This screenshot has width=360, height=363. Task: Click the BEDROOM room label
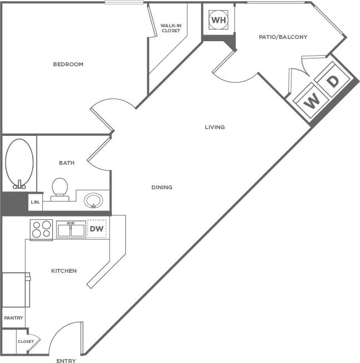pyautogui.click(x=68, y=65)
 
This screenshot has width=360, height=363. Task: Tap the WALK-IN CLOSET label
pyautogui.click(x=171, y=28)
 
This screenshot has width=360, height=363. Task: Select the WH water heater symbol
pyautogui.click(x=218, y=21)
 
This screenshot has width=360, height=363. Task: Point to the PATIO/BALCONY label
pyautogui.click(x=283, y=37)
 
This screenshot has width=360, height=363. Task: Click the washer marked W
pyautogui.click(x=313, y=100)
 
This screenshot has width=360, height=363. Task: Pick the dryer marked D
pyautogui.click(x=333, y=81)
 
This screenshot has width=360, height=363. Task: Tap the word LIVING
pyautogui.click(x=215, y=127)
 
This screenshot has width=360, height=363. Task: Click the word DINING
pyautogui.click(x=162, y=188)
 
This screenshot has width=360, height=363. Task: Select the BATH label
pyautogui.click(x=67, y=163)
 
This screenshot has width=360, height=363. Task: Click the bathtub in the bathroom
pyautogui.click(x=20, y=163)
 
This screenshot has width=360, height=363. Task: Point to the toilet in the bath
pyautogui.click(x=60, y=188)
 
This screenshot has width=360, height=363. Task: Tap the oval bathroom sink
pyautogui.click(x=94, y=199)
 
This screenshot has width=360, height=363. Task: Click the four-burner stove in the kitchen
pyautogui.click(x=41, y=229)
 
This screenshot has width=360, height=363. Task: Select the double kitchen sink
pyautogui.click(x=71, y=229)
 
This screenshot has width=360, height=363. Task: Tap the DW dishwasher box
pyautogui.click(x=97, y=229)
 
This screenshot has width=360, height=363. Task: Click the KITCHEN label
pyautogui.click(x=64, y=271)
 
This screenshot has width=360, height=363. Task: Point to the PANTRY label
pyautogui.click(x=13, y=318)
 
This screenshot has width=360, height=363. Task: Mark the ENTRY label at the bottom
pyautogui.click(x=66, y=361)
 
